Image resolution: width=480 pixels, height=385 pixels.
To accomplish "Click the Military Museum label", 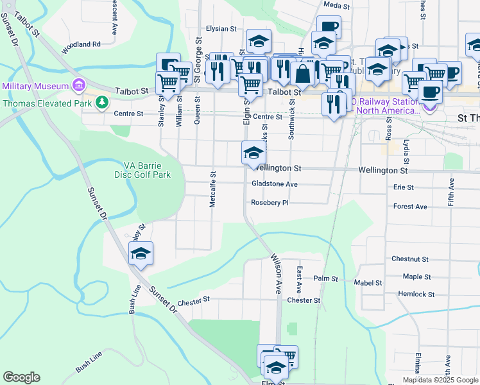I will click(35, 86).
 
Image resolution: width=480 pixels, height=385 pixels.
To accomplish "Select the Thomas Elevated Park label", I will click(47, 101).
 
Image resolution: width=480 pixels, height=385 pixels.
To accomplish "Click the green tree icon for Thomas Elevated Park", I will click(101, 101).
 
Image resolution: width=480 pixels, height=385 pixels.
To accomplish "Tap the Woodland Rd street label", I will click(81, 44).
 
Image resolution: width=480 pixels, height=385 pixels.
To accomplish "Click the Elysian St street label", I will click(221, 29).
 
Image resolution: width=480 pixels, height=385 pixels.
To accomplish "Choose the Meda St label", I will click(336, 5).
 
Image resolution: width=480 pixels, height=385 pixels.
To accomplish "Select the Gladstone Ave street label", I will click(275, 184).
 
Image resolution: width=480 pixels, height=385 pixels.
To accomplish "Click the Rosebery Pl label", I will click(270, 203).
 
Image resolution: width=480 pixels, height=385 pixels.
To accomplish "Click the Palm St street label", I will click(325, 278).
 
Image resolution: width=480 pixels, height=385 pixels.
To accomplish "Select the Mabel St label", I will click(368, 282).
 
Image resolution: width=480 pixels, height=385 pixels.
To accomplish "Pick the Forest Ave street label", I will click(410, 207).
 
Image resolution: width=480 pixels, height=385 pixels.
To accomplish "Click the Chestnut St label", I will click(409, 259).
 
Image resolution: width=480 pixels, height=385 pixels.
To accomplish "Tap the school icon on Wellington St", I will click(253, 153).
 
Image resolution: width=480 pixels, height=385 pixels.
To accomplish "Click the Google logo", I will click(22, 377).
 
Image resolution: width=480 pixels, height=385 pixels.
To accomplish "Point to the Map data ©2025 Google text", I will click(440, 380).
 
